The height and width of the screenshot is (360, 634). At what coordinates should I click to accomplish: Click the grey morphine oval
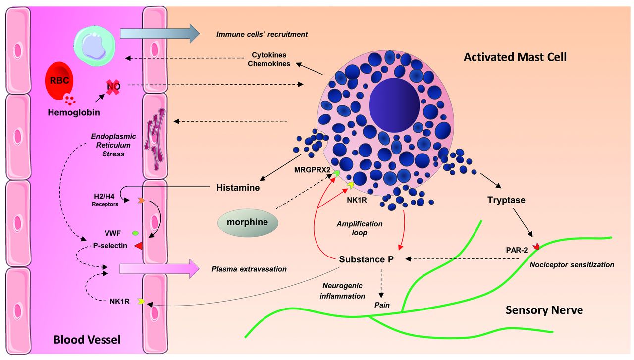pos(248,222)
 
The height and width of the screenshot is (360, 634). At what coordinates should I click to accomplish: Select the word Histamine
pos(238,188)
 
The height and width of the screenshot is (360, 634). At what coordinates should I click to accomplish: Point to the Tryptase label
pos(506,200)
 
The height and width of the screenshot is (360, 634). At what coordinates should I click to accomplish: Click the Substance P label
pos(366,259)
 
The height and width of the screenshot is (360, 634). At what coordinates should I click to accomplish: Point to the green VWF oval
pos(135,232)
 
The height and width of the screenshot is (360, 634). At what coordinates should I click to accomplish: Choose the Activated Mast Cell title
pos(515,57)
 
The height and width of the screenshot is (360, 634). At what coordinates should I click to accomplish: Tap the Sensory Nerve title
pos(544,310)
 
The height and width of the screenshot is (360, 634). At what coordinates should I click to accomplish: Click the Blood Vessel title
pos(87,340)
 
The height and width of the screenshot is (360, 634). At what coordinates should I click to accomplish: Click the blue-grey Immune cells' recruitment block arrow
pos(158,34)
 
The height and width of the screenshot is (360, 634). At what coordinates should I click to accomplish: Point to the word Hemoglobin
pos(74,112)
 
